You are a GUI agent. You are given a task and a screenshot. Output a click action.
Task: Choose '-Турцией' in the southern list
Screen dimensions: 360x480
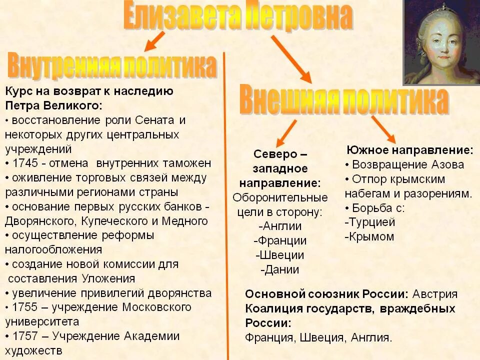coord(370,222)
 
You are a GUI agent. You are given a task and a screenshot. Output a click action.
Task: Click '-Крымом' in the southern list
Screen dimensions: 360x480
coord(369,236)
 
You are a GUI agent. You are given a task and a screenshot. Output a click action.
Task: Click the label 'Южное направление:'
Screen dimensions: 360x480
coord(409,149)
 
